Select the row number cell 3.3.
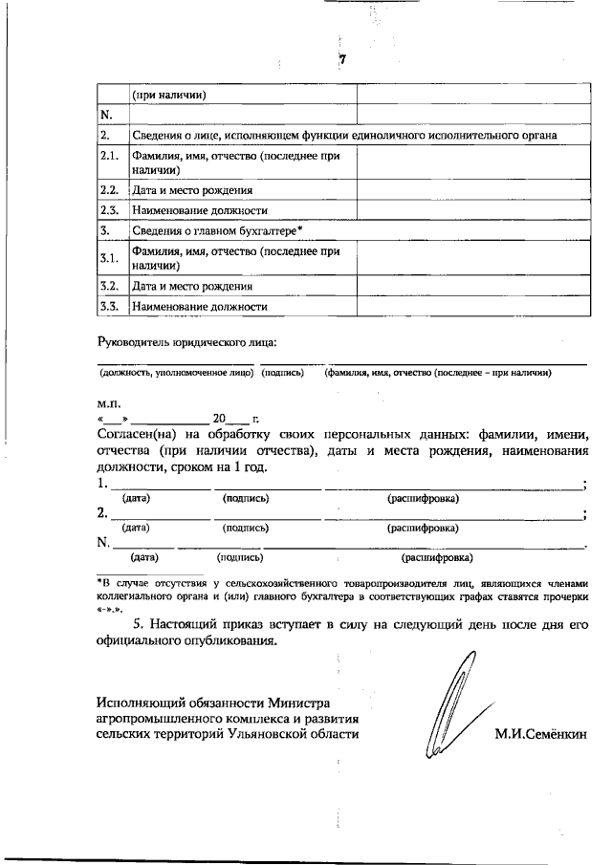tap(109, 307)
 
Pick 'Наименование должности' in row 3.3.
tap(199, 307)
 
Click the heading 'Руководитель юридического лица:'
tap(188, 341)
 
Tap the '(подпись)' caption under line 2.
tap(245, 528)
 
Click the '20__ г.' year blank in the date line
tap(236, 419)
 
